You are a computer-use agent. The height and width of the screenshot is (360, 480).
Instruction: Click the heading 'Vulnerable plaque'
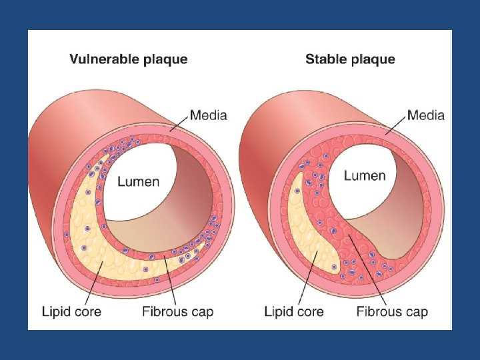129,59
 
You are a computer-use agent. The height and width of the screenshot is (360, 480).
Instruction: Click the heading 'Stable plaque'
350,59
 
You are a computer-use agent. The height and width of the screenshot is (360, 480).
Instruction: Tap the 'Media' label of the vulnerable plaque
209,115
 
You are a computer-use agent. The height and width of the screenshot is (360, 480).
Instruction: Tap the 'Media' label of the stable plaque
425,115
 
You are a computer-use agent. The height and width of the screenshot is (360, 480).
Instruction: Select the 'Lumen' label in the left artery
138,181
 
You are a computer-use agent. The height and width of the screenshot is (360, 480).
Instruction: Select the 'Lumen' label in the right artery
365,176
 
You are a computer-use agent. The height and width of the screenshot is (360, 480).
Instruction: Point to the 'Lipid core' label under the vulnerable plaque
71,311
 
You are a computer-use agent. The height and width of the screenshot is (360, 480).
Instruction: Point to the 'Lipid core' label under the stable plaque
294,311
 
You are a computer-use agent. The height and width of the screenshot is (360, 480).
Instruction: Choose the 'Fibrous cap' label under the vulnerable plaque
178,311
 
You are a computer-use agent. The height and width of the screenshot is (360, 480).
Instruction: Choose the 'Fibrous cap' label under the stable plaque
393,311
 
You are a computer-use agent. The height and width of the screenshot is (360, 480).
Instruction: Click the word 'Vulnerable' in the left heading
105,59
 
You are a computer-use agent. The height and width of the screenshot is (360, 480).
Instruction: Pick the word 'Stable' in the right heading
324,59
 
